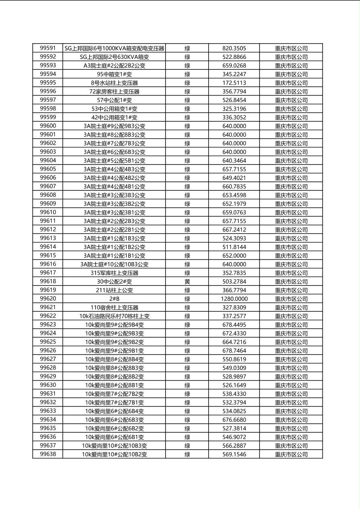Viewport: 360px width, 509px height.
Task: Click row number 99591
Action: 48,48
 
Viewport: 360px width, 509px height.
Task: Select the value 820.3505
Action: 234,48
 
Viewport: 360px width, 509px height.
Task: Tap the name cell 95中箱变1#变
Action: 114,74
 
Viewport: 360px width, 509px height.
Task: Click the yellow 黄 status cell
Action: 187,282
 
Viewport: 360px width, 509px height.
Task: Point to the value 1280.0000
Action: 234,299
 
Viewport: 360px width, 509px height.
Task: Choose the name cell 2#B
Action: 114,299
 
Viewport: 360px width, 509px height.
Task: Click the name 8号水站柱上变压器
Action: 114,83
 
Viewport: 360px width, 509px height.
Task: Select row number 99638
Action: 48,455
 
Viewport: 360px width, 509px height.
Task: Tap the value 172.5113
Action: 234,83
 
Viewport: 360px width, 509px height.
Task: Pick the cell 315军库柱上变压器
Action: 114,273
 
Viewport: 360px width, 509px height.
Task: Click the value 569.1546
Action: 234,455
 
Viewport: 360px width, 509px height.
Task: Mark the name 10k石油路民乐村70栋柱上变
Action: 114,316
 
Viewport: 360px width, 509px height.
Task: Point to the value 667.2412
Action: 234,230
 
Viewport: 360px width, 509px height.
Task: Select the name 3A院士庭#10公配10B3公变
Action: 114,265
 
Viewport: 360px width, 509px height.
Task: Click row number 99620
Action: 48,299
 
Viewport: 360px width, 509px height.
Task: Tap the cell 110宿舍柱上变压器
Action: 114,308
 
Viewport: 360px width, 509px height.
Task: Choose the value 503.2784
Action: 234,282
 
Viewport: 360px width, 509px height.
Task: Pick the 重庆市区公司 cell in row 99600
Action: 291,126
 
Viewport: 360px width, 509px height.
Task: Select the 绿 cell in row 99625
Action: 187,342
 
